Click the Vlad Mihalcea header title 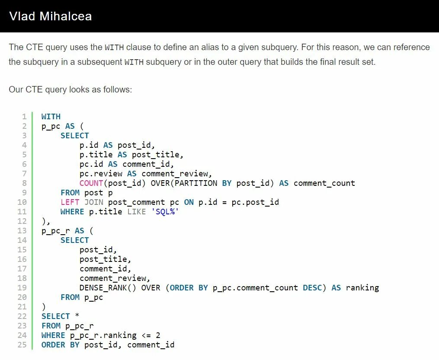50,16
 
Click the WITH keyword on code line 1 51,116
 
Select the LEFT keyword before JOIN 70,202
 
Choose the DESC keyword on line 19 312,288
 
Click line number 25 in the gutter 22,345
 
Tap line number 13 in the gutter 22,231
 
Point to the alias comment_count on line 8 324,183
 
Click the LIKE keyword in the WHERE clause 136,212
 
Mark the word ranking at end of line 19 362,288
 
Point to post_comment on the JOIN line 136,202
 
